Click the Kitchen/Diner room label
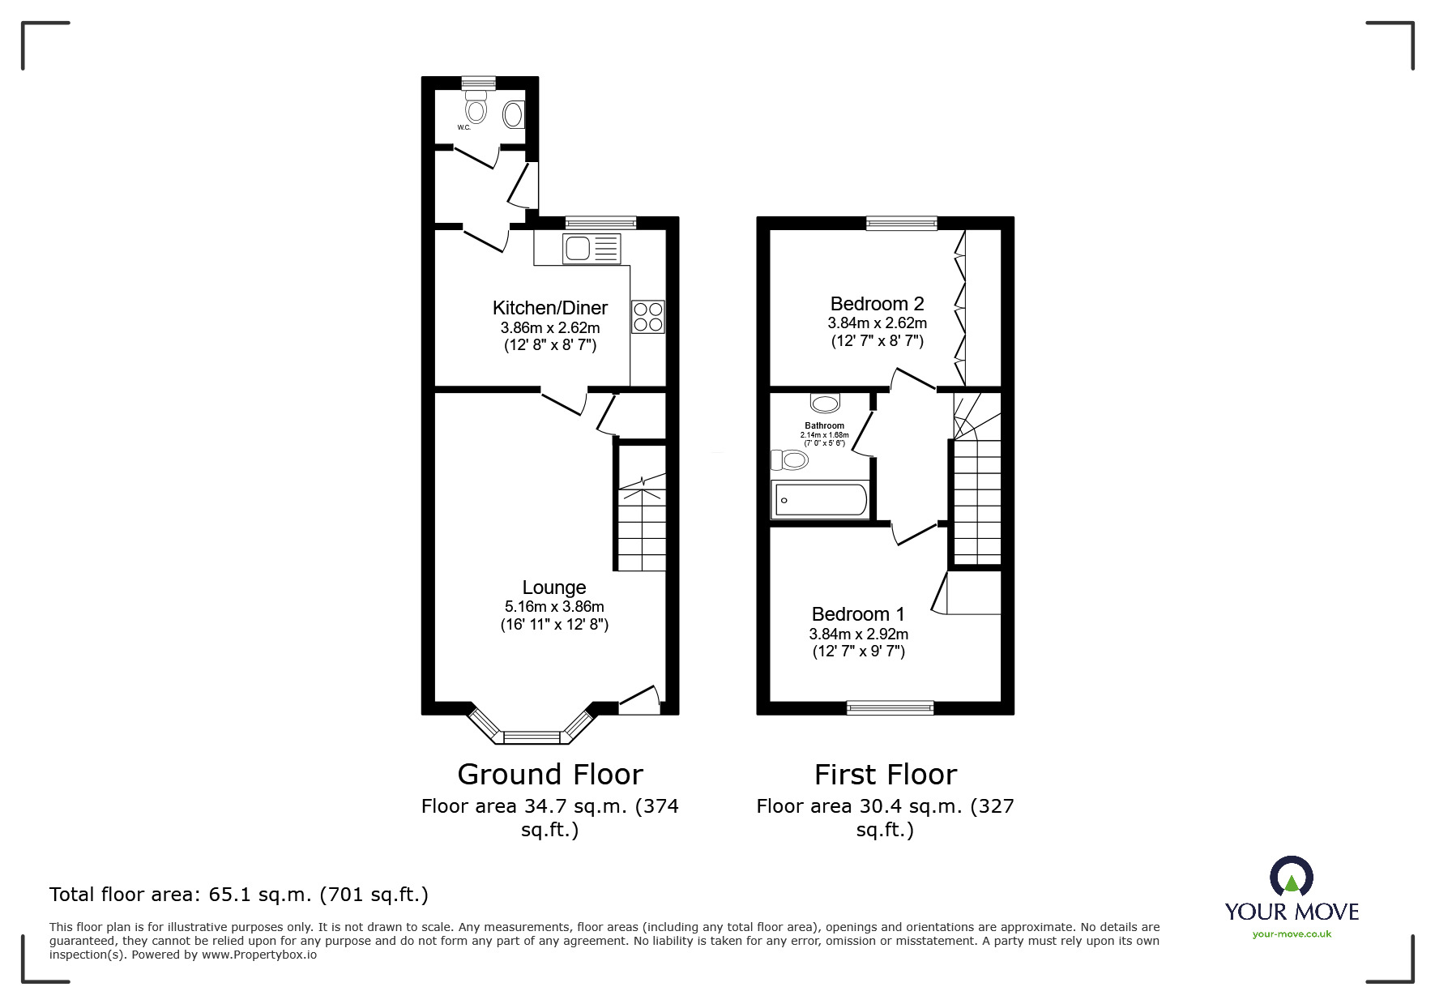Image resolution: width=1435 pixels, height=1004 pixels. tap(549, 308)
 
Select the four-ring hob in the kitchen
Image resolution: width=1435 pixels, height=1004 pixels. tap(647, 316)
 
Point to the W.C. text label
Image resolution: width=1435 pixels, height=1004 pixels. tap(464, 128)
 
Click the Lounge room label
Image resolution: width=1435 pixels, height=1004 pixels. tap(553, 587)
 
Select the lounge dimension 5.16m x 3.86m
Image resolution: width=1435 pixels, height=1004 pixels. tap(554, 607)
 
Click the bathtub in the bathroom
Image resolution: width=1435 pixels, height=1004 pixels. tap(820, 500)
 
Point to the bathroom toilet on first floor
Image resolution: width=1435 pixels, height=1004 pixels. tap(790, 460)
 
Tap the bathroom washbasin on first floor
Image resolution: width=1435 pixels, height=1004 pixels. tap(826, 403)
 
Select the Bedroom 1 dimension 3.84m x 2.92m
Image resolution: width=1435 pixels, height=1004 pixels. tap(858, 634)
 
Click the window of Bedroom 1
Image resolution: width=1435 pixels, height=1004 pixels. tap(890, 707)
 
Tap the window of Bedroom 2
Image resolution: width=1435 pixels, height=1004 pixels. tap(901, 223)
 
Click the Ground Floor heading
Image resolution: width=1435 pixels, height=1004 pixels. tap(549, 775)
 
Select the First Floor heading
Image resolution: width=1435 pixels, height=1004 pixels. tap(885, 775)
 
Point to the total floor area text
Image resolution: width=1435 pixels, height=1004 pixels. tap(239, 895)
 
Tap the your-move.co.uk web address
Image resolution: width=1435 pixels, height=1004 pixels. tap(1292, 934)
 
